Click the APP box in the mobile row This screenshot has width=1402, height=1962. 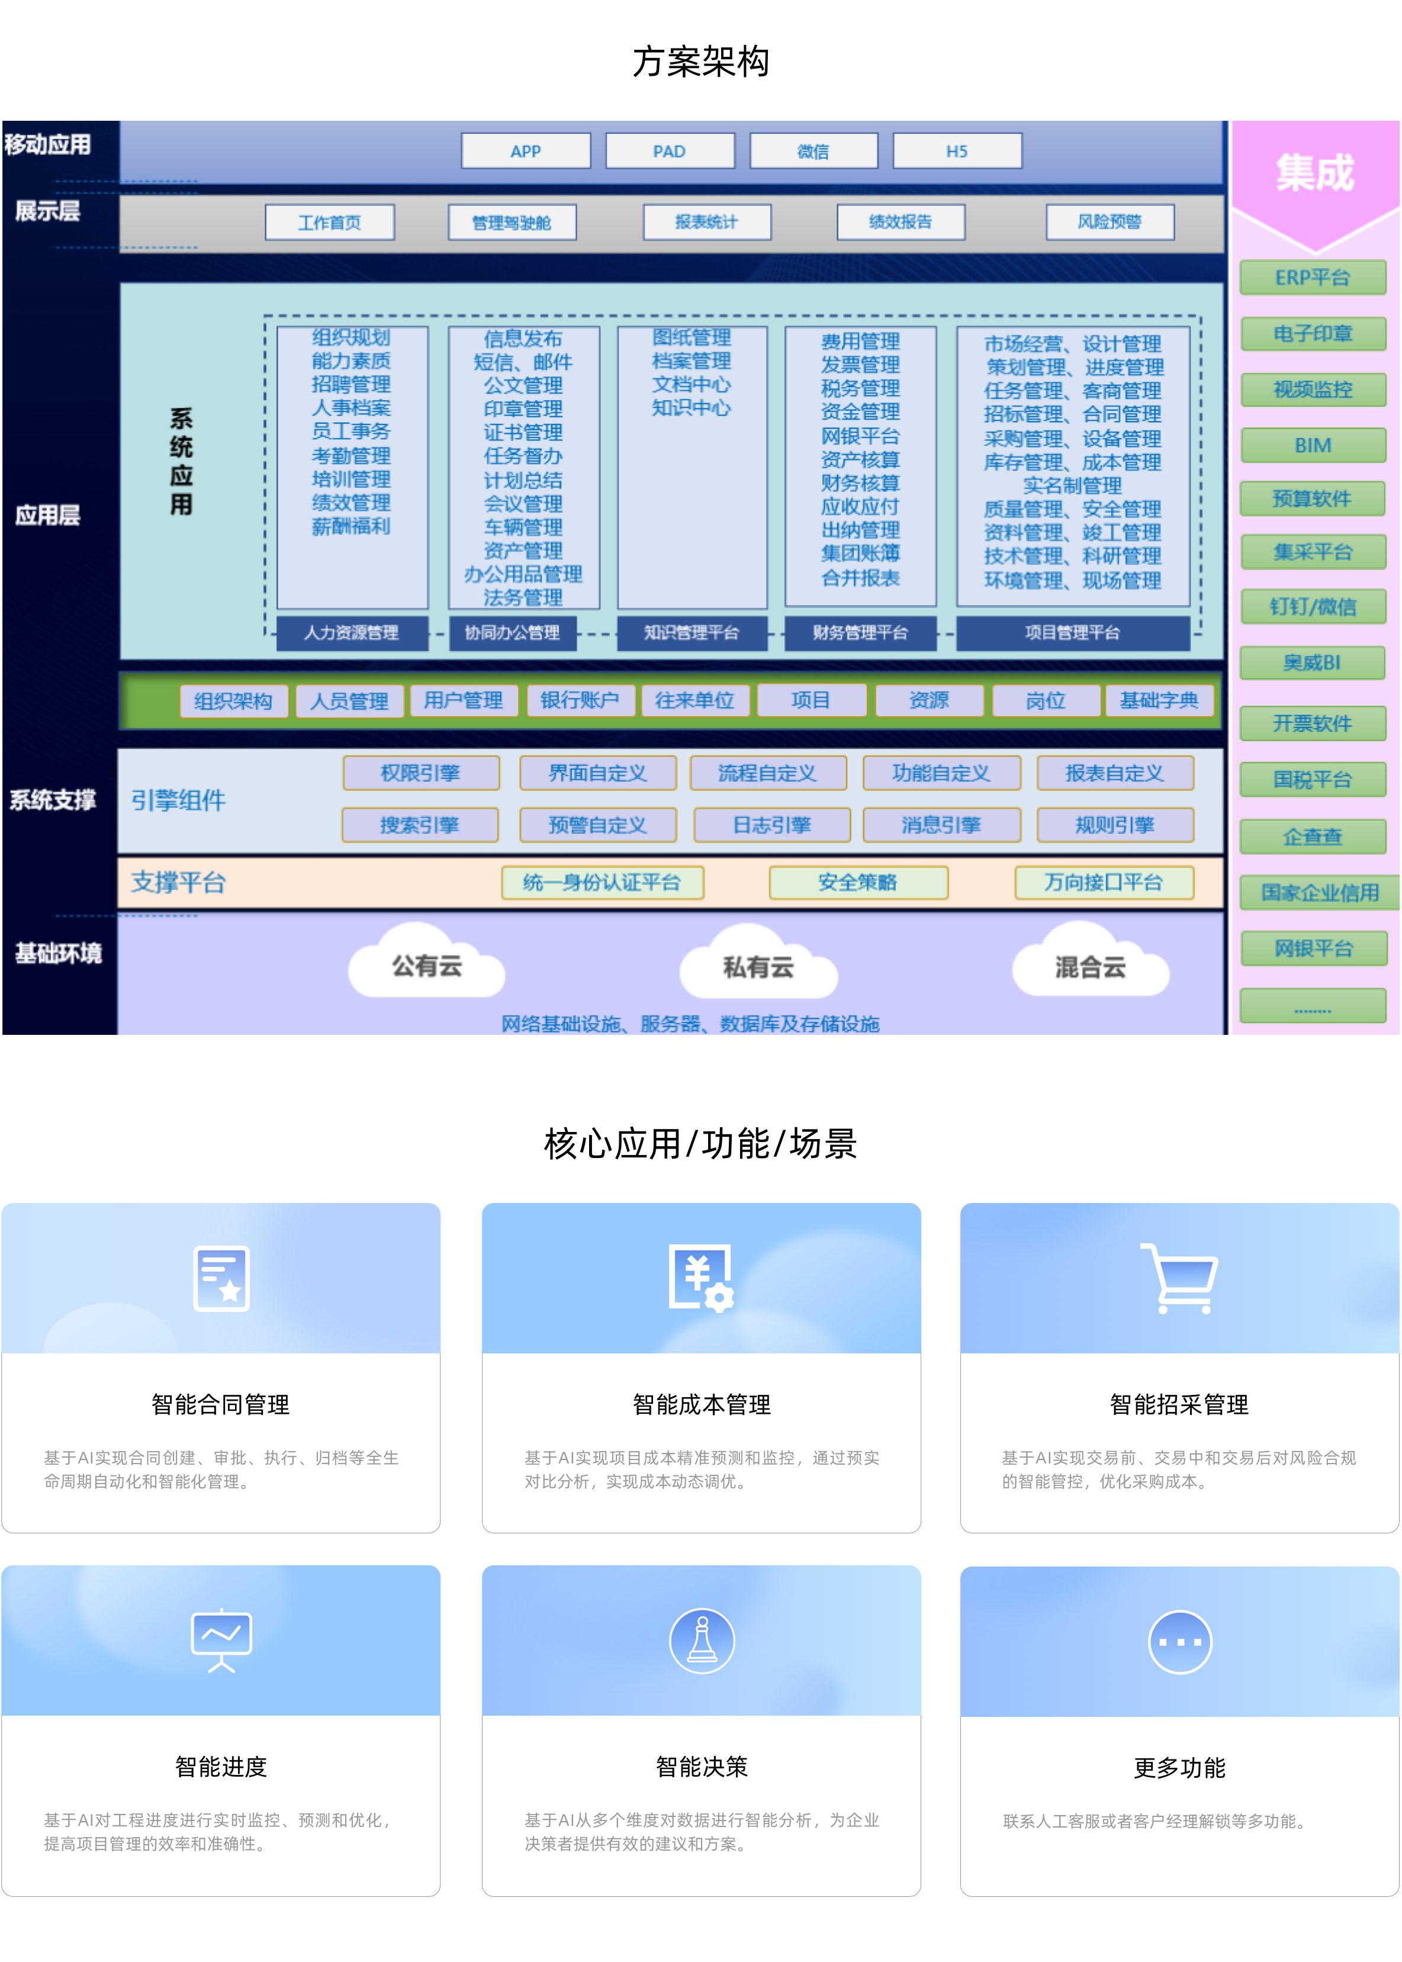(526, 151)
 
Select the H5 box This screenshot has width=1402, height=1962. (957, 151)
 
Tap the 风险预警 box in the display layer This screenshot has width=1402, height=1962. (1110, 222)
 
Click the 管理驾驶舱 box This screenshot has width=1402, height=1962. (512, 223)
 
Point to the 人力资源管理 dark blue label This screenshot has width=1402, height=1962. (351, 633)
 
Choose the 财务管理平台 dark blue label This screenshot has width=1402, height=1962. (860, 633)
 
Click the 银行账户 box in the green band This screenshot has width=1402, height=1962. (579, 700)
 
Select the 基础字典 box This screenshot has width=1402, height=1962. (1159, 700)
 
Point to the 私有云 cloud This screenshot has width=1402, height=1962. (758, 967)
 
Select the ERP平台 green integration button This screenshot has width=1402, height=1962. (1312, 278)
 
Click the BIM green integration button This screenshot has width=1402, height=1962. (1312, 445)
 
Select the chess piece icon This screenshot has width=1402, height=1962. (702, 1640)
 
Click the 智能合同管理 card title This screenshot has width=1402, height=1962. (221, 1404)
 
